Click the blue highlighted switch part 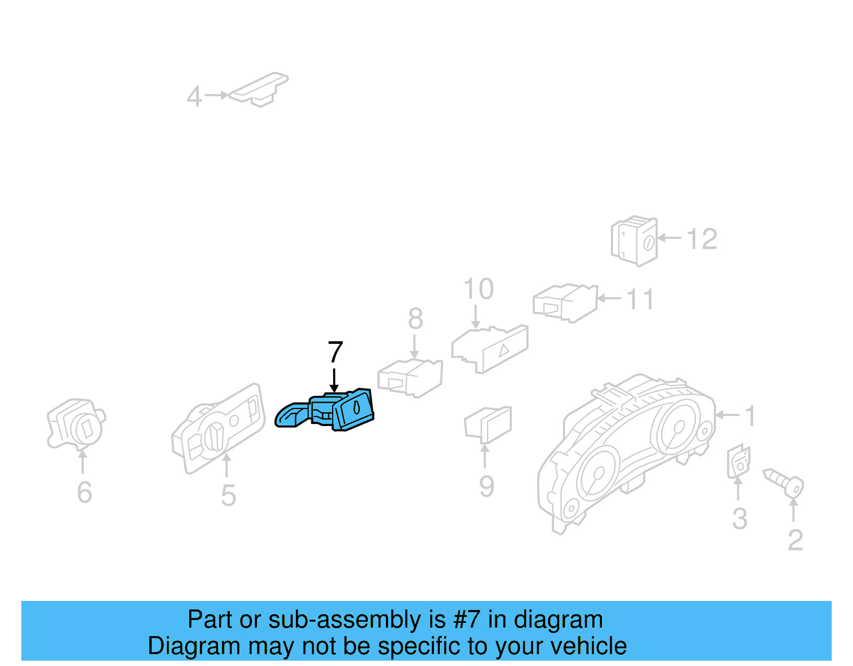[x=324, y=410]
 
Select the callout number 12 [x=702, y=238]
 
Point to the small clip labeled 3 [x=738, y=462]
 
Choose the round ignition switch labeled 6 [x=76, y=424]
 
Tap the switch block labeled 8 [x=410, y=378]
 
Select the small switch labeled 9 [x=488, y=424]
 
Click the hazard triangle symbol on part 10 [x=504, y=350]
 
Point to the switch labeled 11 [x=565, y=303]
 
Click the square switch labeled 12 [x=634, y=241]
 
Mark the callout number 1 [x=750, y=415]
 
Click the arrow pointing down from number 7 [x=334, y=380]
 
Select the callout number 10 [x=478, y=289]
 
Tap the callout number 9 [x=487, y=487]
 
